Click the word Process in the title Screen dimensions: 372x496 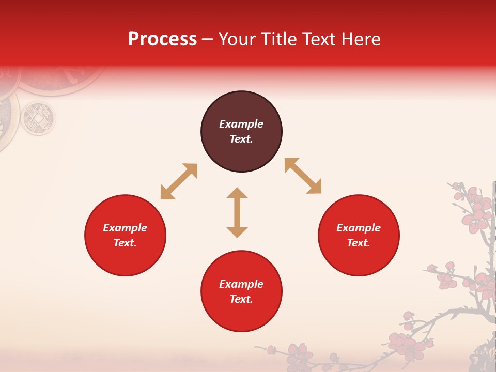[162, 39]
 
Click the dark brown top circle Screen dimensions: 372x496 [241, 132]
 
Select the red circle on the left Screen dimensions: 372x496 [125, 236]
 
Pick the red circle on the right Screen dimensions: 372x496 [359, 236]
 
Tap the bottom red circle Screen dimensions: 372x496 [241, 291]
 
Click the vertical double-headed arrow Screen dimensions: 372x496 [237, 212]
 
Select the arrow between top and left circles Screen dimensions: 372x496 [179, 181]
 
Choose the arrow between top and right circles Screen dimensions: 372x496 [303, 176]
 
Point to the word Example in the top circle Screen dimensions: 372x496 [241, 124]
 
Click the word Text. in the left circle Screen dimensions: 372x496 [125, 243]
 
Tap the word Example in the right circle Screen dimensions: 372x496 [359, 228]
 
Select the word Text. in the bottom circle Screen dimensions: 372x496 [241, 299]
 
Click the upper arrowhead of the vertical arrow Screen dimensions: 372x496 [237, 193]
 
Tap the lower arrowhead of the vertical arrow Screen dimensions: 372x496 [237, 231]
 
